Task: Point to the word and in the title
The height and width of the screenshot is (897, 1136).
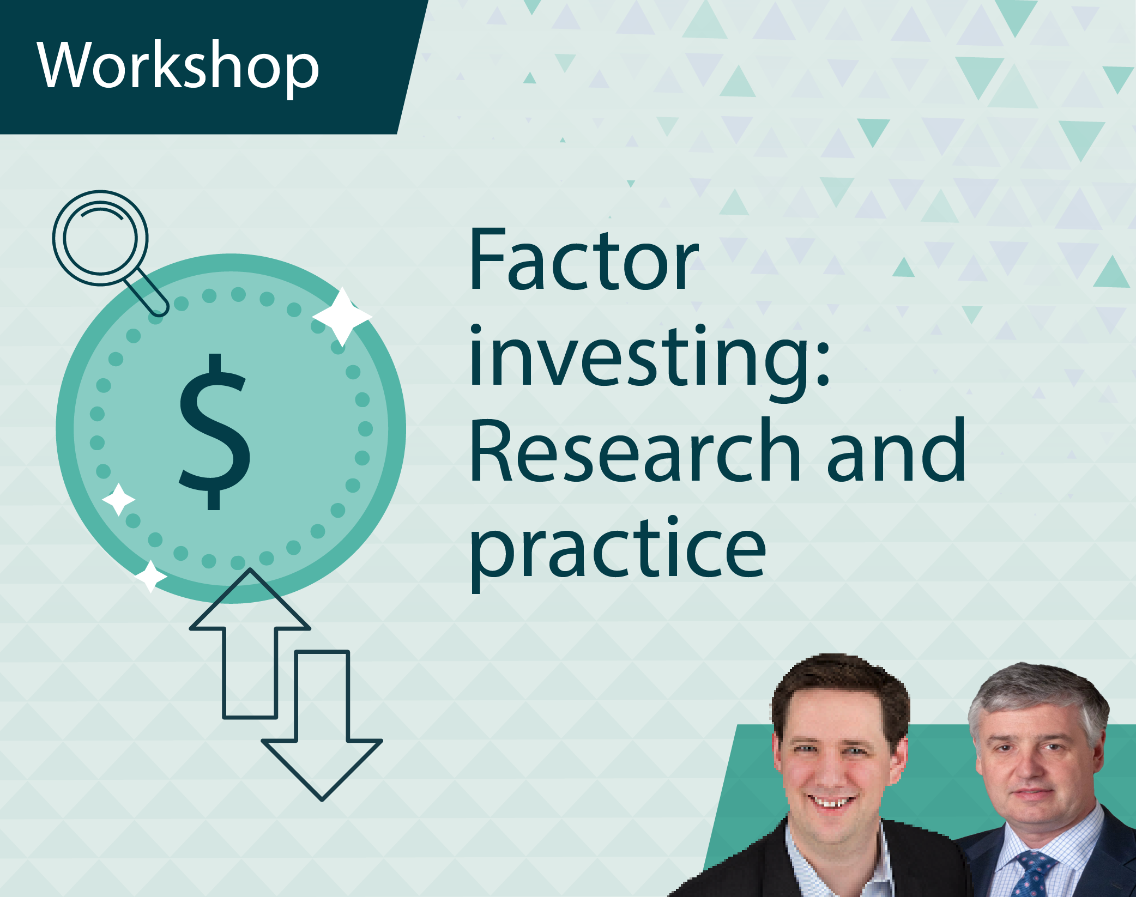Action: point(896,450)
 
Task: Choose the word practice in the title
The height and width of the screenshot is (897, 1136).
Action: point(618,553)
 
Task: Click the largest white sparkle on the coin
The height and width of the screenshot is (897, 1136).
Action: point(342,317)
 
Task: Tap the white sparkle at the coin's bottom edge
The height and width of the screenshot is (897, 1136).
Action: point(150,576)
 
